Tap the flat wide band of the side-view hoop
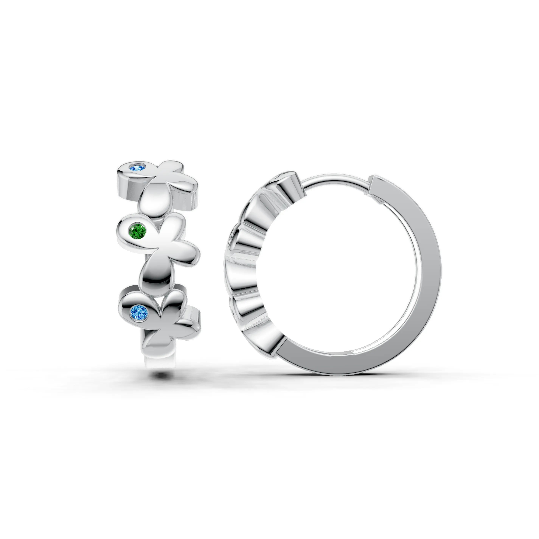[424, 279]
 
